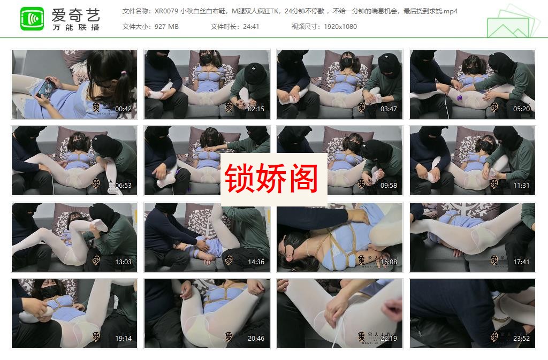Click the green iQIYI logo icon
(32, 19)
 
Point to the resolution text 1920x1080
(339, 27)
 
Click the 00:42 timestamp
(123, 109)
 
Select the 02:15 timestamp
(256, 109)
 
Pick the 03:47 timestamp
(389, 109)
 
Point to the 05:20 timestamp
(521, 109)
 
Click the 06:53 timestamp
(123, 186)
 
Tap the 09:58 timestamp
(389, 186)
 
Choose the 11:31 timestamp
(521, 186)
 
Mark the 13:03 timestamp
(123, 262)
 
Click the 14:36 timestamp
(256, 262)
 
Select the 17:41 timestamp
(521, 262)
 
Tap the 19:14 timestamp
(123, 339)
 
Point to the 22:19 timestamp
(389, 339)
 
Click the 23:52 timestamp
(521, 339)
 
